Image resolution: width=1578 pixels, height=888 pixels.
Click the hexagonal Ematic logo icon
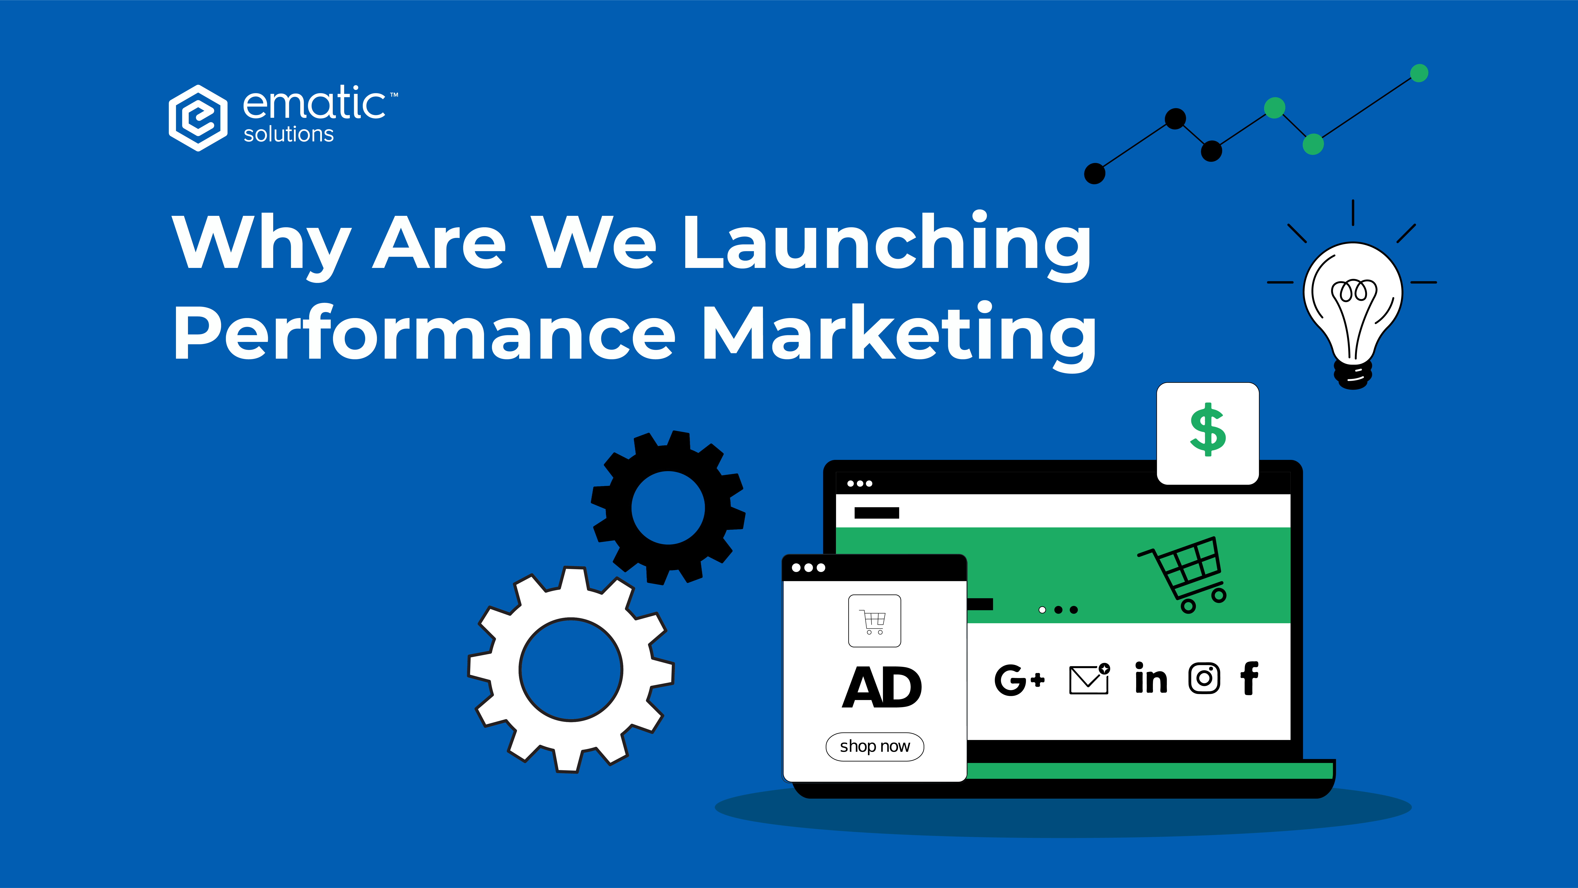(x=198, y=118)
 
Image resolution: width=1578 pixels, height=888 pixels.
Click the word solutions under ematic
(x=289, y=134)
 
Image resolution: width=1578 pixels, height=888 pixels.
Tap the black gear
(x=668, y=507)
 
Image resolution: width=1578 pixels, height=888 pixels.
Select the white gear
(x=571, y=669)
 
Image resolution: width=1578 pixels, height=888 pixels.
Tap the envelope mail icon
(x=1089, y=679)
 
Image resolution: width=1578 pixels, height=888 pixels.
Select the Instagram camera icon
(x=1204, y=678)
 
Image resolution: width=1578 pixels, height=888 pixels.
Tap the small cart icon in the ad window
(x=874, y=621)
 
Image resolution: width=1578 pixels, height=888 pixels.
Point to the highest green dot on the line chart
(x=1419, y=73)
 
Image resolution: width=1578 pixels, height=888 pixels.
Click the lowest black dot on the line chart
(x=1095, y=173)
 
